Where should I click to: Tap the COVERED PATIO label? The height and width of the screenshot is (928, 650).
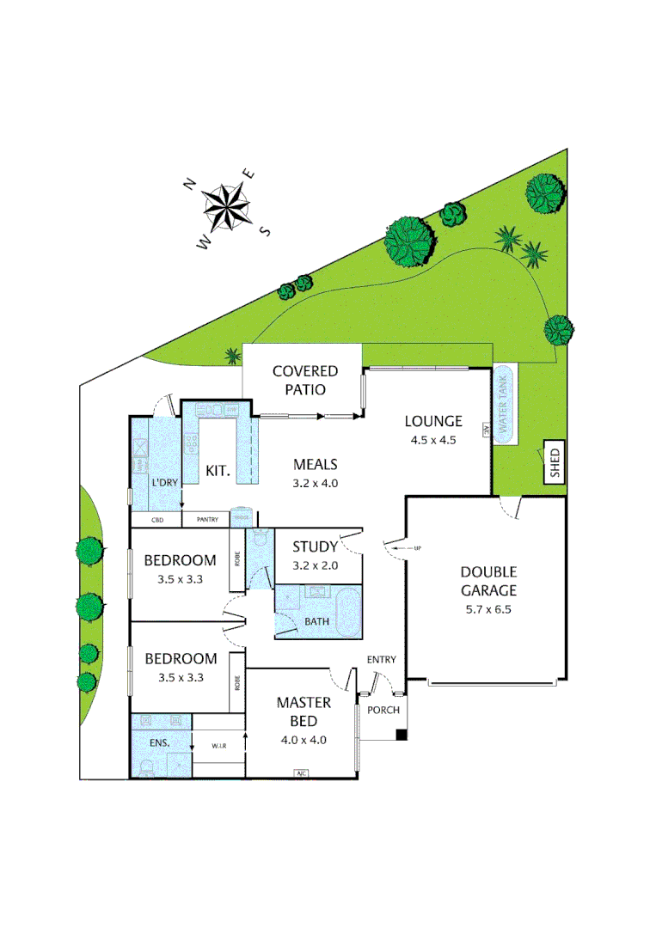click(x=304, y=380)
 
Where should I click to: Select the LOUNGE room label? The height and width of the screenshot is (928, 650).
click(x=434, y=421)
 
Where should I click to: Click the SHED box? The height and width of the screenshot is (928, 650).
click(x=554, y=462)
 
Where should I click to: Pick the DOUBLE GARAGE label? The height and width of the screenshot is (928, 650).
click(x=487, y=581)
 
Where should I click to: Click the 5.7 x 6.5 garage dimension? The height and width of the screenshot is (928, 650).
click(x=487, y=610)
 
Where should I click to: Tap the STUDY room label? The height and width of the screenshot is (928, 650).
click(x=315, y=546)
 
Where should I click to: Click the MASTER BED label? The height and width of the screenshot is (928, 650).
click(x=298, y=711)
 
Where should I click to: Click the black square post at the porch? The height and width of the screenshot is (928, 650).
click(x=402, y=735)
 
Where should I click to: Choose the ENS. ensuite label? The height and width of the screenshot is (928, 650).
click(x=159, y=742)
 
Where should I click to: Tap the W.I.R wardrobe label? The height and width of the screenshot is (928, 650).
click(x=220, y=746)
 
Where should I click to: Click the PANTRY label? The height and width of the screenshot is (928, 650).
click(x=207, y=519)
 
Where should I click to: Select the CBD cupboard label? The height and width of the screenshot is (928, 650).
click(x=157, y=519)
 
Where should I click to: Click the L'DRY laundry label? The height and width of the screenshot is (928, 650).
click(x=164, y=482)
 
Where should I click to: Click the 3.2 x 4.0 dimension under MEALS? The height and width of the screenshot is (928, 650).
click(x=314, y=483)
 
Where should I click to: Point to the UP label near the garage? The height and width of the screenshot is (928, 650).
click(x=418, y=547)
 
